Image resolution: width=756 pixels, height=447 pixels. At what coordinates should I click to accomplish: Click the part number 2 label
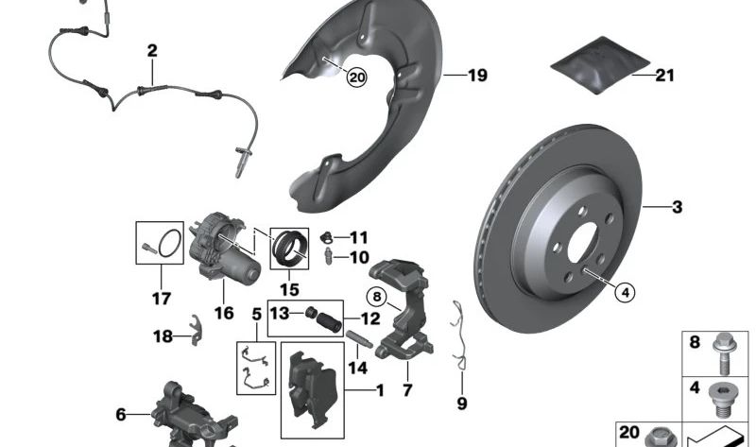click(x=152, y=50)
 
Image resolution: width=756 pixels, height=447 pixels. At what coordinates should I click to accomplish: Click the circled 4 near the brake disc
click(x=624, y=292)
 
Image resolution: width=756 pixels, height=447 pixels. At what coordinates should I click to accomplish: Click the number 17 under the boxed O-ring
click(x=161, y=300)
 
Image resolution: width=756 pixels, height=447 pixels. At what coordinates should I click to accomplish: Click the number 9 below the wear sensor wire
click(x=462, y=404)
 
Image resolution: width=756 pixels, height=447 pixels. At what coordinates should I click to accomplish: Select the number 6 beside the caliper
click(x=121, y=413)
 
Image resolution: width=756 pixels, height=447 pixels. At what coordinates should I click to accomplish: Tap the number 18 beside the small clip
click(x=162, y=335)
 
